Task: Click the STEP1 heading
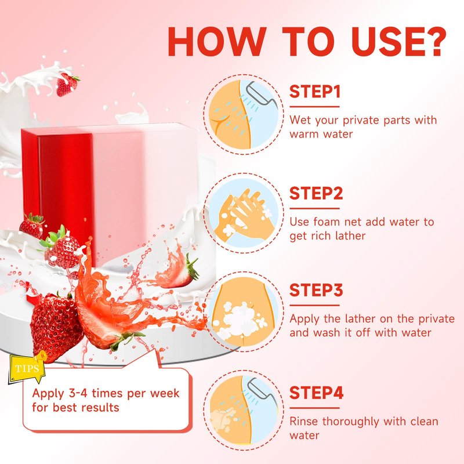315,92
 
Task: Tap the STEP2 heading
316,194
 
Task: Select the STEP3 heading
316,290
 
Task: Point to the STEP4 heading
316,393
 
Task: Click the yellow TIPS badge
27,368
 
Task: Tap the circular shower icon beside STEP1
244,114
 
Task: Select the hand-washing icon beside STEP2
244,213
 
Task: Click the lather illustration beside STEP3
244,311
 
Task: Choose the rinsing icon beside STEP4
244,410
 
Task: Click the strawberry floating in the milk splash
67,85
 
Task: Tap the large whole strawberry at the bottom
56,327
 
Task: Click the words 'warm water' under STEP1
321,135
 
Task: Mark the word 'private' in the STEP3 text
437,318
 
